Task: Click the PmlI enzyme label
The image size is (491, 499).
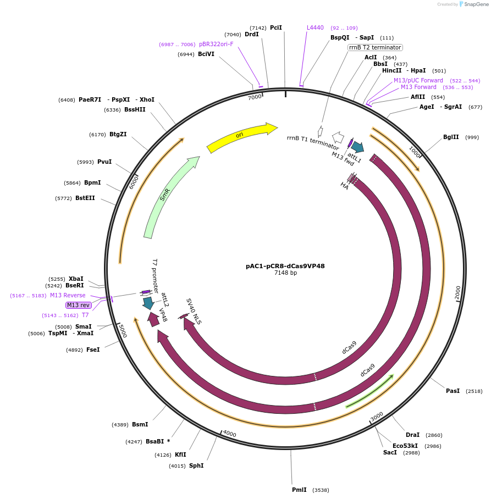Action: pos(299,490)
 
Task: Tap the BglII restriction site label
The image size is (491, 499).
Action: pos(451,137)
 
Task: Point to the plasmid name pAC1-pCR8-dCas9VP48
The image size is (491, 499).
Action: pos(285,266)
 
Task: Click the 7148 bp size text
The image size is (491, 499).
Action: pos(285,273)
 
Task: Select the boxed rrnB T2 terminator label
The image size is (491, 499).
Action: pos(375,47)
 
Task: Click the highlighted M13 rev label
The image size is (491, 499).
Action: pos(78,305)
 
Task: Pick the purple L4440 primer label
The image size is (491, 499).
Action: pos(315,27)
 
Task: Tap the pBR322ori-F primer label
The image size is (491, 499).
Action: pos(216,44)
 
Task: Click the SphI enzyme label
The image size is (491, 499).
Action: pos(196,465)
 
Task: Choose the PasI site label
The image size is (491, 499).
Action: pos(453,391)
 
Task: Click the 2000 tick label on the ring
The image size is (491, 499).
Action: pos(457,293)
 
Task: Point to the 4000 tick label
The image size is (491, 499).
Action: pos(229,434)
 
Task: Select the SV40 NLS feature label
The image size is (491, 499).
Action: pos(194,312)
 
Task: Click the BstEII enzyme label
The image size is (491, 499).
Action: pos(85,198)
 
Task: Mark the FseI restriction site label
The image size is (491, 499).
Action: pos(93,350)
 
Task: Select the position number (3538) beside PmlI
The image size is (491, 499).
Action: pos(321,490)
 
